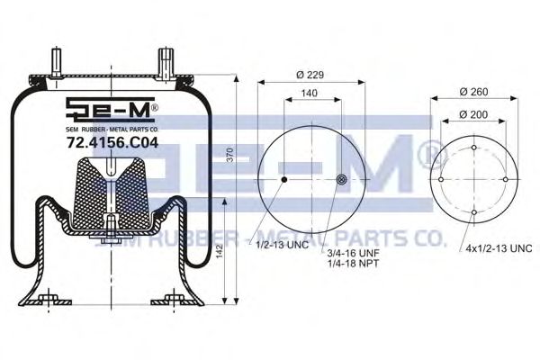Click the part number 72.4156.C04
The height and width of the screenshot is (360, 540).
pyautogui.click(x=112, y=142)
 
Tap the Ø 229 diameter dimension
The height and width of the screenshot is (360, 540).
pyautogui.click(x=310, y=75)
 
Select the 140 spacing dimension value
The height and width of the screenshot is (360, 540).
pyautogui.click(x=310, y=94)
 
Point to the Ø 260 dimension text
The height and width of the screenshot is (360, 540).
pyautogui.click(x=474, y=92)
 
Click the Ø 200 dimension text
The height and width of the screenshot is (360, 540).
pyautogui.click(x=473, y=114)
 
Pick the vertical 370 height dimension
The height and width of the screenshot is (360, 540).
pyautogui.click(x=230, y=155)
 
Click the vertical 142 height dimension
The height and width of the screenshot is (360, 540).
pyautogui.click(x=220, y=251)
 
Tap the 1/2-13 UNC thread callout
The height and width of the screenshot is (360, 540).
pyautogui.click(x=282, y=246)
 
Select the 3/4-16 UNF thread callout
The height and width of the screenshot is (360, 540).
pyautogui.click(x=353, y=253)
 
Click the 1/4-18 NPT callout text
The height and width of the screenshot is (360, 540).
pyautogui.click(x=353, y=264)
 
